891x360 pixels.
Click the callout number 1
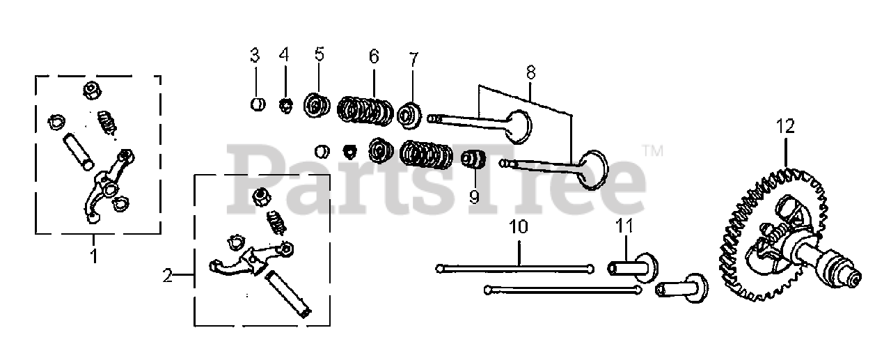point(93,256)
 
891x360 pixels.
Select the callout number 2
point(167,276)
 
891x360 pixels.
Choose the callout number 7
point(413,56)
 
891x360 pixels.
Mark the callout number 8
point(530,72)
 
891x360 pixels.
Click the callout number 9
point(474,197)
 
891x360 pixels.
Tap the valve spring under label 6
point(366,109)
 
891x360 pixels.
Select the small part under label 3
point(257,105)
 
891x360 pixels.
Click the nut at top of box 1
point(90,90)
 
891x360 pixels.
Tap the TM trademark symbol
point(652,150)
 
